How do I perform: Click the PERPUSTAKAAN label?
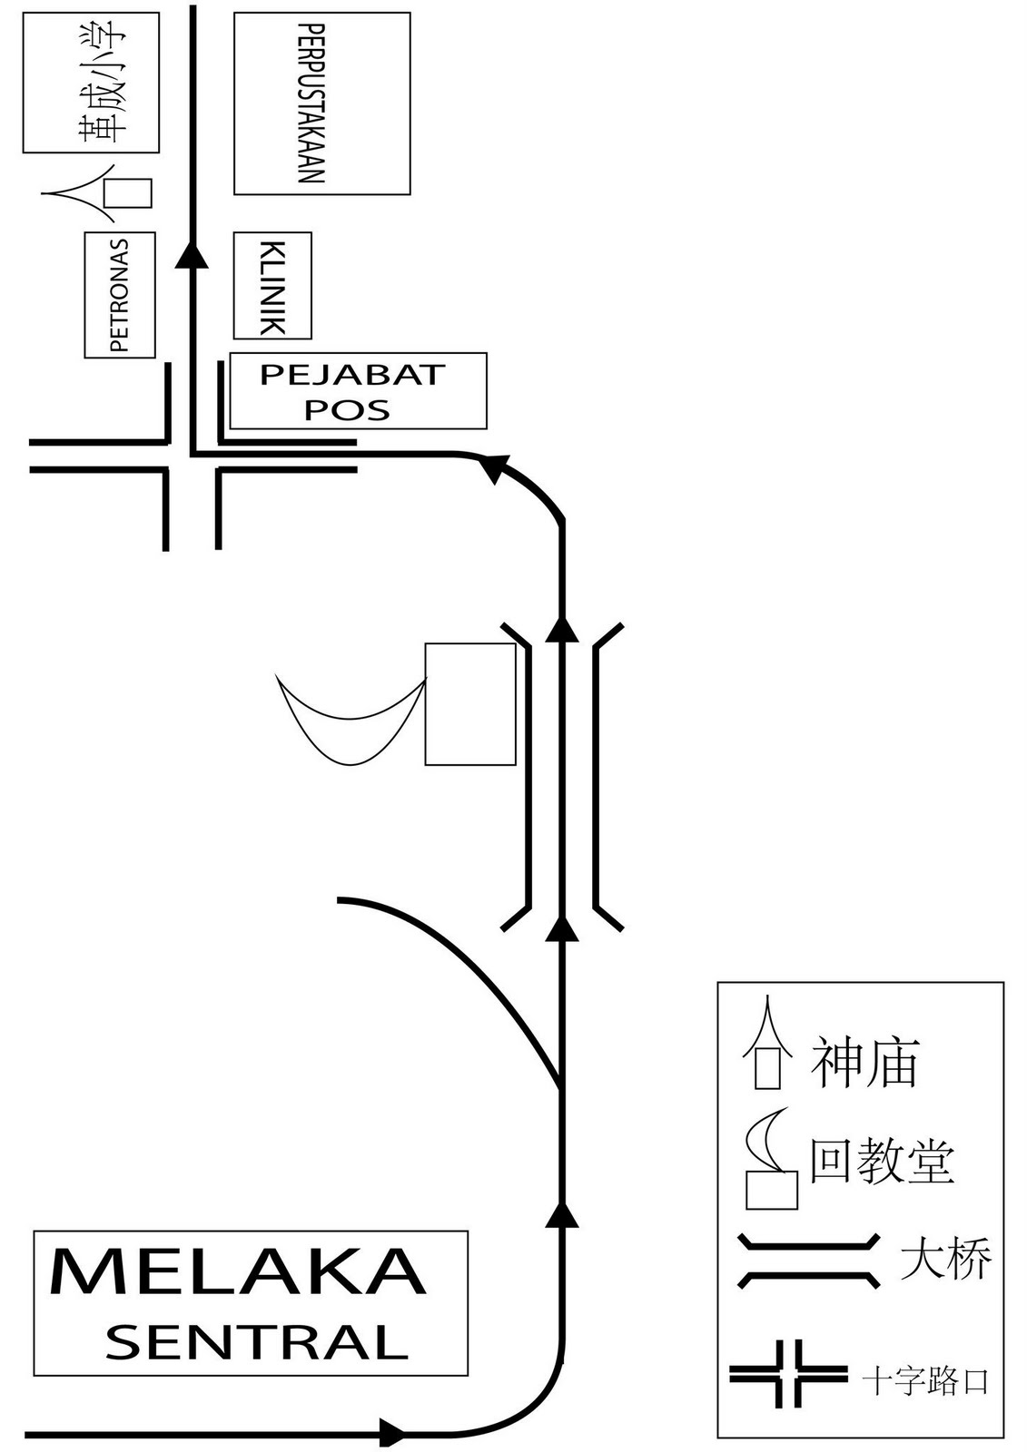tap(311, 104)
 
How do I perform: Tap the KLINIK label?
tap(272, 287)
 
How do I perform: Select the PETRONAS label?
tap(119, 295)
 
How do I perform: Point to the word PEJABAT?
tap(352, 374)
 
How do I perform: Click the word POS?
tap(347, 409)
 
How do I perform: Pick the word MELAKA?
tap(238, 1272)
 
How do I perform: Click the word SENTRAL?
tap(257, 1341)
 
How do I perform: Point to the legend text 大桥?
tap(945, 1260)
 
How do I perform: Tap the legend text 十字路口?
tap(924, 1382)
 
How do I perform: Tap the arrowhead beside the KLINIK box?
tap(191, 255)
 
